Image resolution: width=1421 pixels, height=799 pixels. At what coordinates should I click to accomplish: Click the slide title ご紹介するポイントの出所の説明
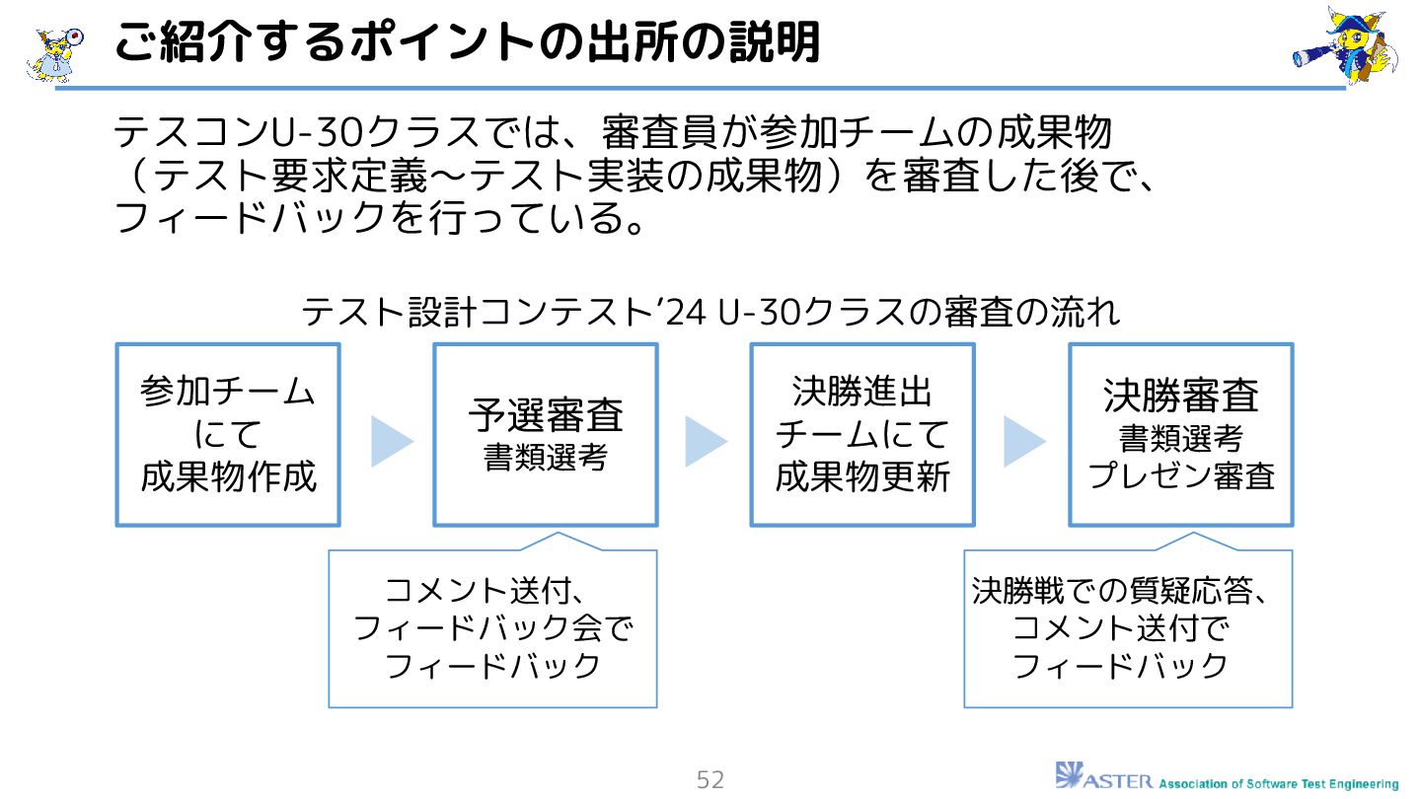pyautogui.click(x=466, y=44)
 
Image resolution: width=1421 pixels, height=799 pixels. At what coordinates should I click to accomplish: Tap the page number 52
pyautogui.click(x=710, y=780)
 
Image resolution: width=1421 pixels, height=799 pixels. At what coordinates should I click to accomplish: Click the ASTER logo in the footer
pyautogui.click(x=1103, y=776)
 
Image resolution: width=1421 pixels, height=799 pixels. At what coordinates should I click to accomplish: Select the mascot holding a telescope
pyautogui.click(x=1344, y=46)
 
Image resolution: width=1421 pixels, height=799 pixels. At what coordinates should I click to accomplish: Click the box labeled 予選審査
pyautogui.click(x=545, y=434)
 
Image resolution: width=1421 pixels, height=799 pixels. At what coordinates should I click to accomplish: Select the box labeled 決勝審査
pyautogui.click(x=1180, y=434)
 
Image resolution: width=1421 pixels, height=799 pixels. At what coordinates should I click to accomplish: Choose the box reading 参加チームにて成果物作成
pyautogui.click(x=228, y=434)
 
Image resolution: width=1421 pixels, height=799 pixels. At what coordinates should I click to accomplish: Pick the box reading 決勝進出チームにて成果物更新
pyautogui.click(x=861, y=434)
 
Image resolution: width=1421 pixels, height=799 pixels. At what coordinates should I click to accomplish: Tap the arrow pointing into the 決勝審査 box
pyautogui.click(x=1023, y=441)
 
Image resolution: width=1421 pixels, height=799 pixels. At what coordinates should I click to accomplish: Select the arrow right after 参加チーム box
pyautogui.click(x=391, y=441)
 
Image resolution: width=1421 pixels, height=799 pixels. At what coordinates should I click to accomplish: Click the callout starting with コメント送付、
pyautogui.click(x=492, y=629)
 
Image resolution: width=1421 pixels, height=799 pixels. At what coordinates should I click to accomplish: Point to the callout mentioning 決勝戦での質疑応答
pyautogui.click(x=1127, y=629)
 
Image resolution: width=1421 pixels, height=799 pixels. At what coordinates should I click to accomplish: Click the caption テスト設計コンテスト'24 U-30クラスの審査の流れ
pyautogui.click(x=710, y=313)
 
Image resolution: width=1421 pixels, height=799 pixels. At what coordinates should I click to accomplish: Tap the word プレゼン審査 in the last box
pyautogui.click(x=1181, y=476)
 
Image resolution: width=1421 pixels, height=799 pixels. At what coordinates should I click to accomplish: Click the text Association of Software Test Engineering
pyautogui.click(x=1278, y=784)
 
